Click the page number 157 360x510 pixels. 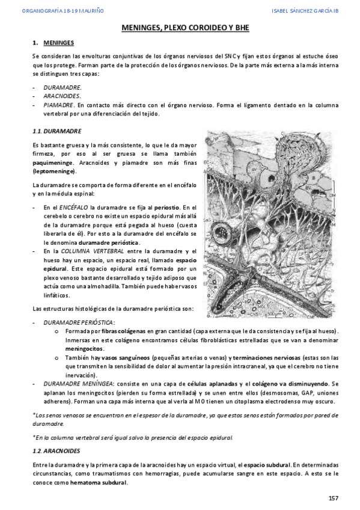click(334, 499)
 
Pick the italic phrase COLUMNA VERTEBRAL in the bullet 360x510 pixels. click(100, 251)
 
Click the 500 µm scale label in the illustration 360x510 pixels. click(275, 313)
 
